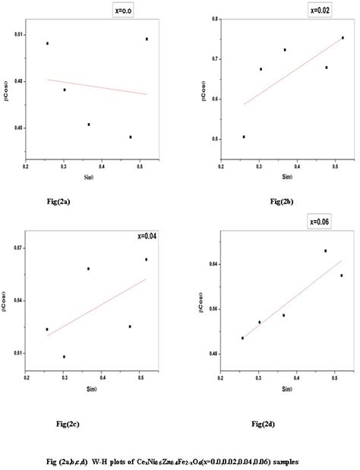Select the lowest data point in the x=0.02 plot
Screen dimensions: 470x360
coord(243,137)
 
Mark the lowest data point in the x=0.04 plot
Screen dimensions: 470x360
coord(64,357)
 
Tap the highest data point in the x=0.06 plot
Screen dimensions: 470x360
coord(325,251)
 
